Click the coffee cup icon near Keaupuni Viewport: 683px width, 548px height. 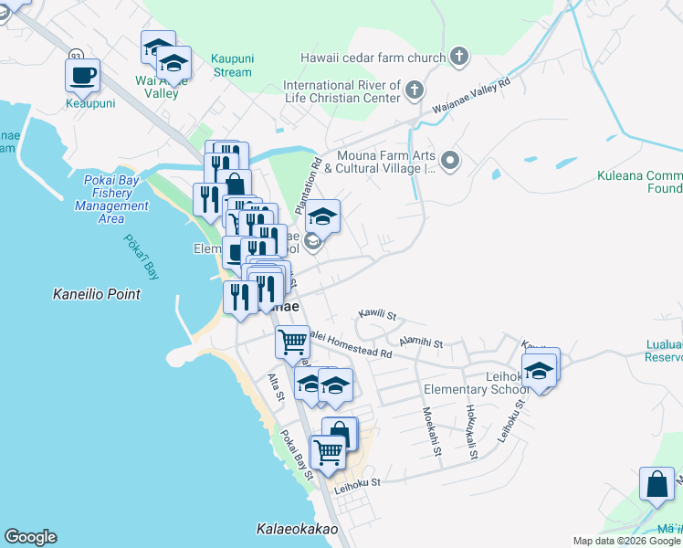82,75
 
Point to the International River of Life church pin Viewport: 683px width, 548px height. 415,90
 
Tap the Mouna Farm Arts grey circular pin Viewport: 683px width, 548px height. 449,162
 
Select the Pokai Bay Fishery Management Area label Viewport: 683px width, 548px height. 111,199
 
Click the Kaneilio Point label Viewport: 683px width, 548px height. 97,294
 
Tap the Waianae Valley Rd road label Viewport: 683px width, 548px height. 472,96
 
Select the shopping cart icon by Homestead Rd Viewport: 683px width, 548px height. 292,342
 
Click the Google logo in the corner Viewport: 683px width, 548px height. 30,537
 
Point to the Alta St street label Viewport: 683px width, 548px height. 274,387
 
